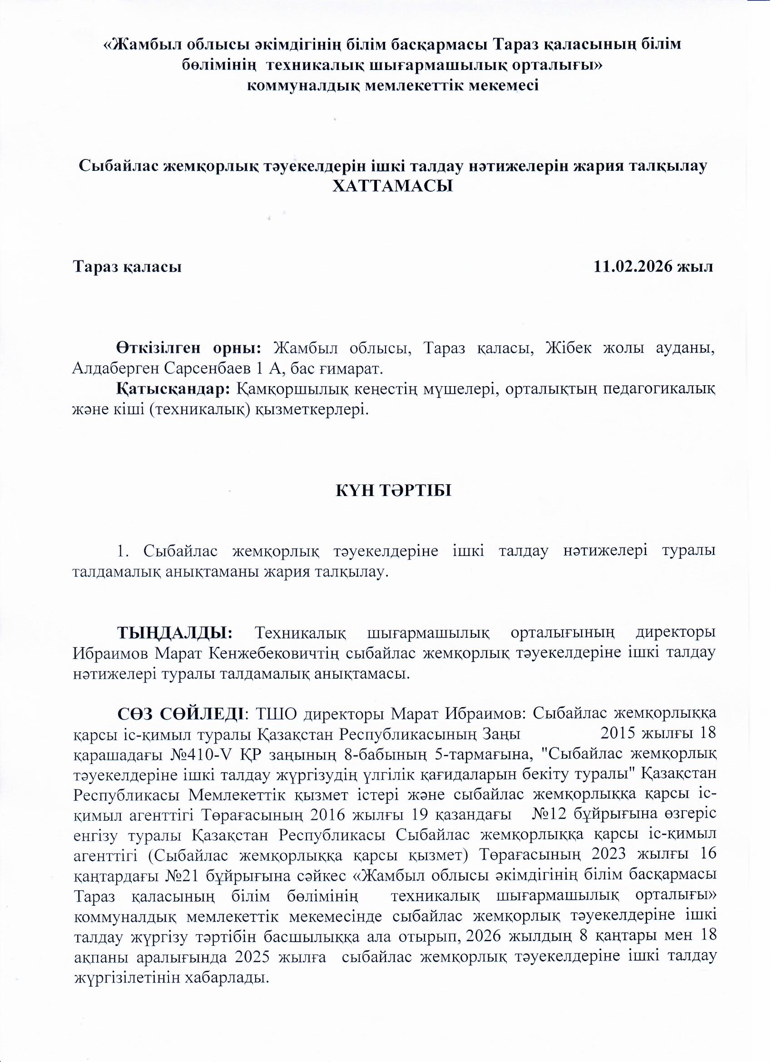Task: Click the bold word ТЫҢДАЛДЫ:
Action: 175,632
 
